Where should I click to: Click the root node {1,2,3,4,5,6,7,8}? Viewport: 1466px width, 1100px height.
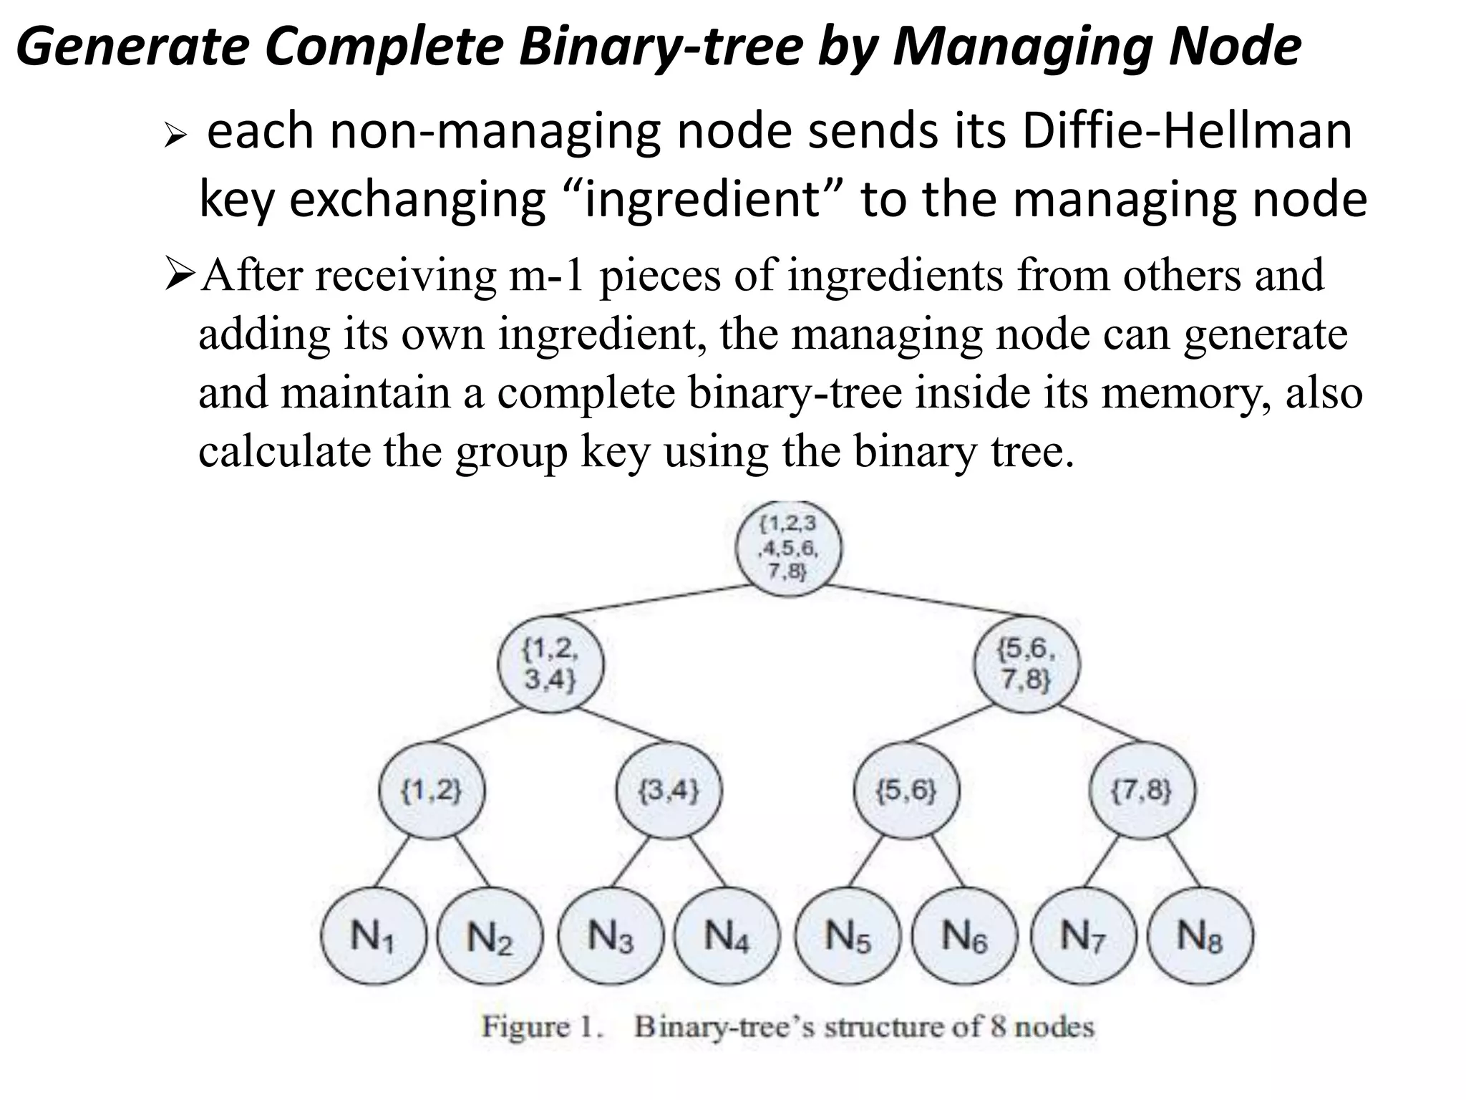(x=789, y=549)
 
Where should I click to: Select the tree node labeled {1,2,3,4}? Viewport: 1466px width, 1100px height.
(x=550, y=664)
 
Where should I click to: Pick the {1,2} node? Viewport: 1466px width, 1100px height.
(x=432, y=791)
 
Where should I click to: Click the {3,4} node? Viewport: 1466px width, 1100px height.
(x=669, y=791)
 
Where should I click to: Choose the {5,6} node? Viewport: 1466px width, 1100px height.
(x=906, y=791)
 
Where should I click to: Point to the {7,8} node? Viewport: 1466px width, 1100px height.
(x=1142, y=791)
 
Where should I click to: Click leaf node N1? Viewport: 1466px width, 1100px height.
(x=373, y=937)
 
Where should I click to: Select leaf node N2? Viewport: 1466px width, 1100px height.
(x=490, y=937)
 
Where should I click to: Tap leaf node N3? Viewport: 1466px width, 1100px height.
(x=611, y=937)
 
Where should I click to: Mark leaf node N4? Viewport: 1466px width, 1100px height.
(x=727, y=937)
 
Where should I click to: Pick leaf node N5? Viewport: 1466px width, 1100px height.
(x=848, y=937)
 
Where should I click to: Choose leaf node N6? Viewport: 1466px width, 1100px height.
(x=964, y=937)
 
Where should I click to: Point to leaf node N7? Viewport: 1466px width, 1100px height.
(x=1083, y=937)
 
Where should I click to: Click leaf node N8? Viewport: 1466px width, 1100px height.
(x=1200, y=937)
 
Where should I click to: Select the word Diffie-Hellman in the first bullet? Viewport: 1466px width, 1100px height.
(x=1187, y=132)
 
